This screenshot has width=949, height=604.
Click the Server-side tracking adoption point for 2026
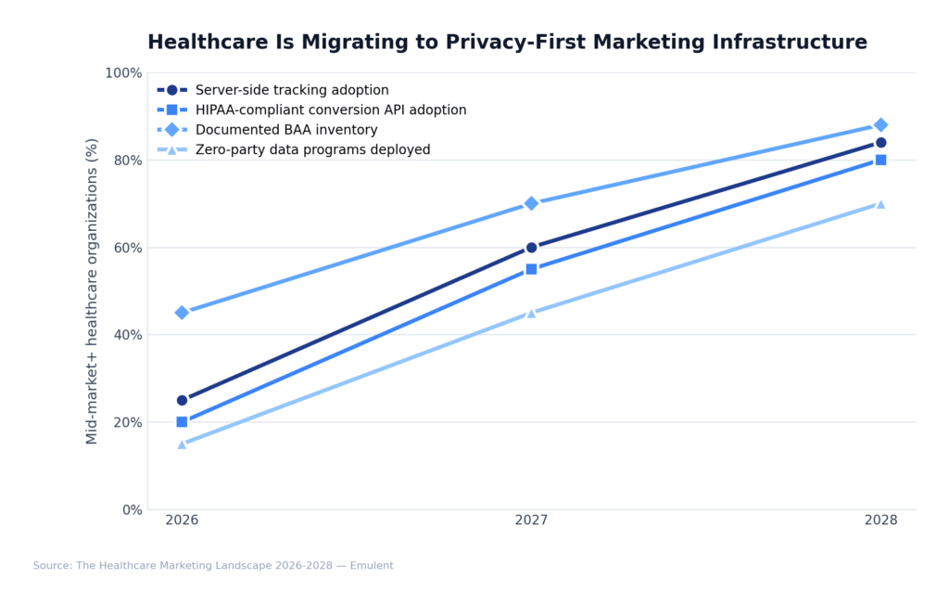(182, 400)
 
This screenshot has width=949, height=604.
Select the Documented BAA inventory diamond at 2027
(531, 203)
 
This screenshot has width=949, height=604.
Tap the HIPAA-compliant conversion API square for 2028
(880, 160)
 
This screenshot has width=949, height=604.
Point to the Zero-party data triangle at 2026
(182, 444)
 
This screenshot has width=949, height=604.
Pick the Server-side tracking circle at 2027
(531, 248)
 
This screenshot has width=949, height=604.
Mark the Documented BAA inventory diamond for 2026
(182, 313)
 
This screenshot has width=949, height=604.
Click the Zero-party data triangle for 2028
(880, 204)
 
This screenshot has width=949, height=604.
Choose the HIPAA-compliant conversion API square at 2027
(531, 269)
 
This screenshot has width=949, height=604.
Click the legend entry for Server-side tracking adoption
(291, 90)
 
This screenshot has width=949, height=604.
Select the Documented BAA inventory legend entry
(285, 130)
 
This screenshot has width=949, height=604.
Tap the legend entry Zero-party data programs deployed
(312, 149)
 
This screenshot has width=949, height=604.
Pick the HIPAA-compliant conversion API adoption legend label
(330, 110)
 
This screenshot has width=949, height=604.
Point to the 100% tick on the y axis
(122, 73)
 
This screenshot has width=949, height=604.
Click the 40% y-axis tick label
(126, 335)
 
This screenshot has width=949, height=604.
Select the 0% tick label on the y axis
(131, 509)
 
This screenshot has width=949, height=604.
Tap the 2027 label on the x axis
(531, 520)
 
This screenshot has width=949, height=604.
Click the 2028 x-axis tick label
(880, 520)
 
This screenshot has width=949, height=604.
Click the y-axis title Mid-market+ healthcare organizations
(93, 290)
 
